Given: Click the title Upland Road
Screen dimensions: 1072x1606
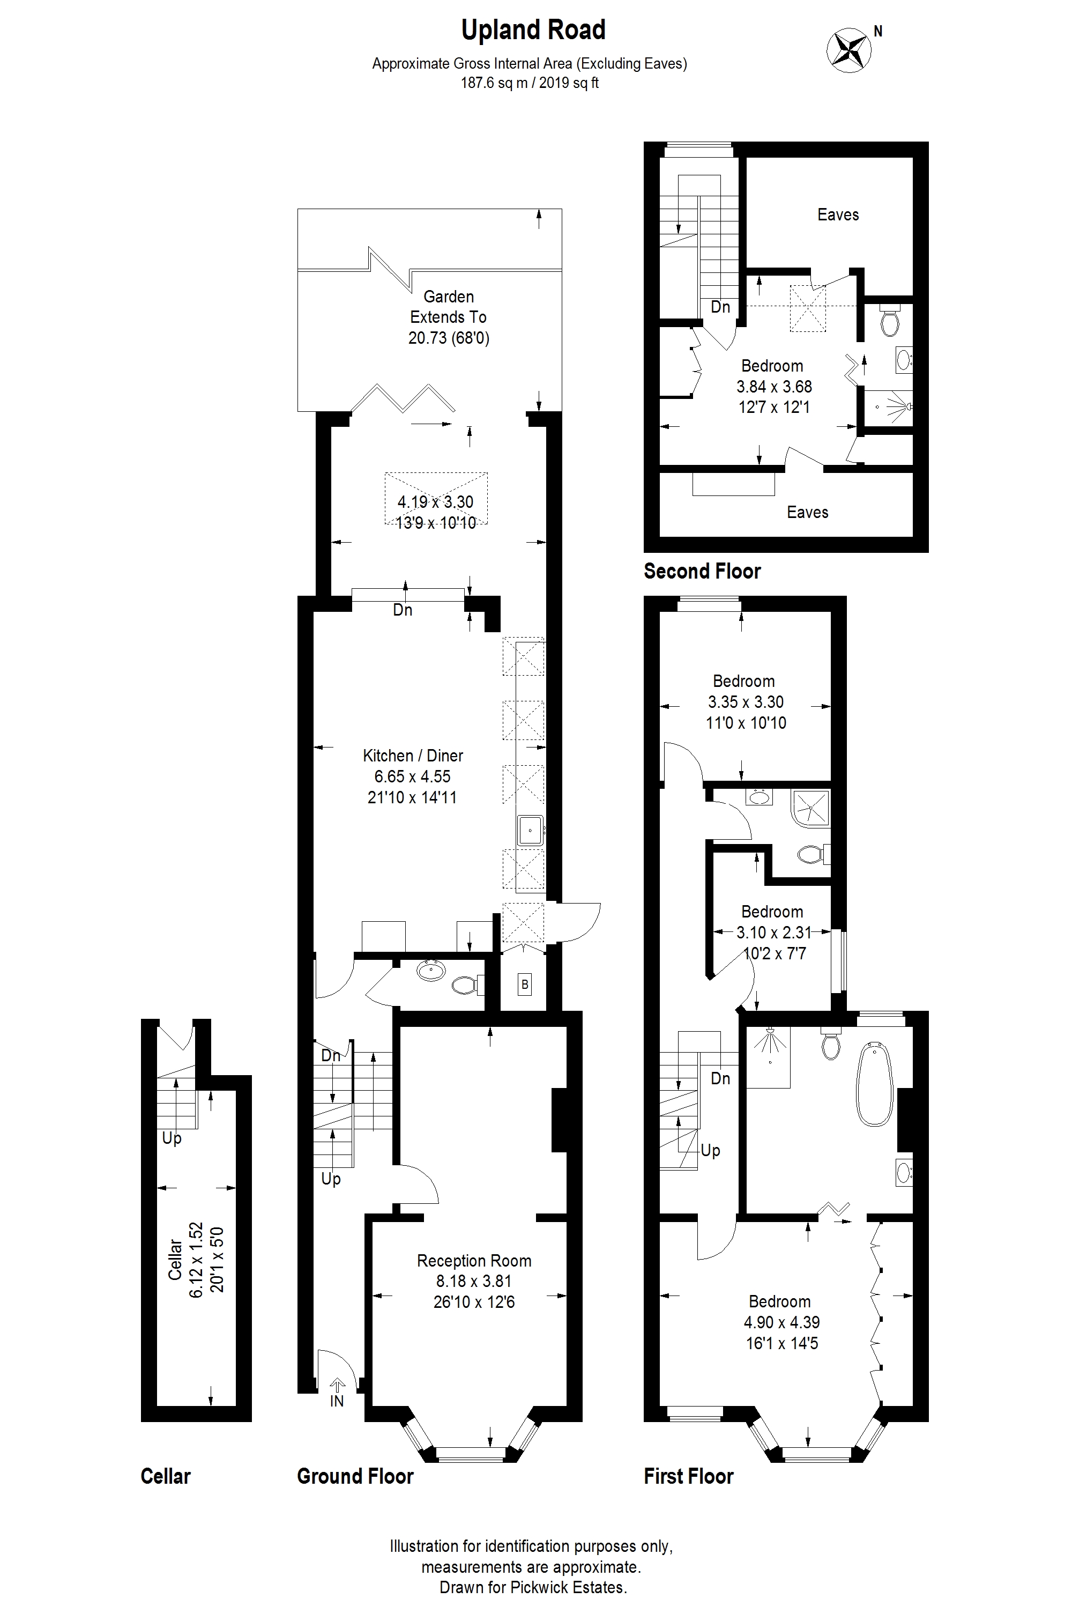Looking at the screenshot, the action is pyautogui.click(x=533, y=31).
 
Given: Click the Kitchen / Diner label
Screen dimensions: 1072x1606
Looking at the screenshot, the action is pyautogui.click(x=413, y=756).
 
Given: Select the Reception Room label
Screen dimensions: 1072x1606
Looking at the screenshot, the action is pyautogui.click(x=474, y=1261).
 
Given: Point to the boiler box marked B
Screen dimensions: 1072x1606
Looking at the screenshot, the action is pyautogui.click(x=524, y=985).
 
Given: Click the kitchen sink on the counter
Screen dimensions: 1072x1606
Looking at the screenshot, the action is pyautogui.click(x=530, y=831).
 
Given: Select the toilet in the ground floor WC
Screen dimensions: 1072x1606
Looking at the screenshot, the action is pyautogui.click(x=467, y=985).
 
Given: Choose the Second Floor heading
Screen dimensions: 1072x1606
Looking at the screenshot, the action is pyautogui.click(x=702, y=571).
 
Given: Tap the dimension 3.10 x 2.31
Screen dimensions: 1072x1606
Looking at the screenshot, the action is pyautogui.click(x=773, y=932).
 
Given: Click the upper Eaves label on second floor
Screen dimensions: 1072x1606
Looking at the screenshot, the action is pyautogui.click(x=838, y=215).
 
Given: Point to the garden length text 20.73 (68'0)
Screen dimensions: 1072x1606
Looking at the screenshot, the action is pyautogui.click(x=449, y=338).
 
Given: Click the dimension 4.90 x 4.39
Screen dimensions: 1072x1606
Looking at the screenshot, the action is pyautogui.click(x=781, y=1322).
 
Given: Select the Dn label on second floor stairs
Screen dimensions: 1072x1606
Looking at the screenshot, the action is pyautogui.click(x=720, y=307).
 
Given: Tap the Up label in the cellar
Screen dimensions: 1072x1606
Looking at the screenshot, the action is pyautogui.click(x=172, y=1139).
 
